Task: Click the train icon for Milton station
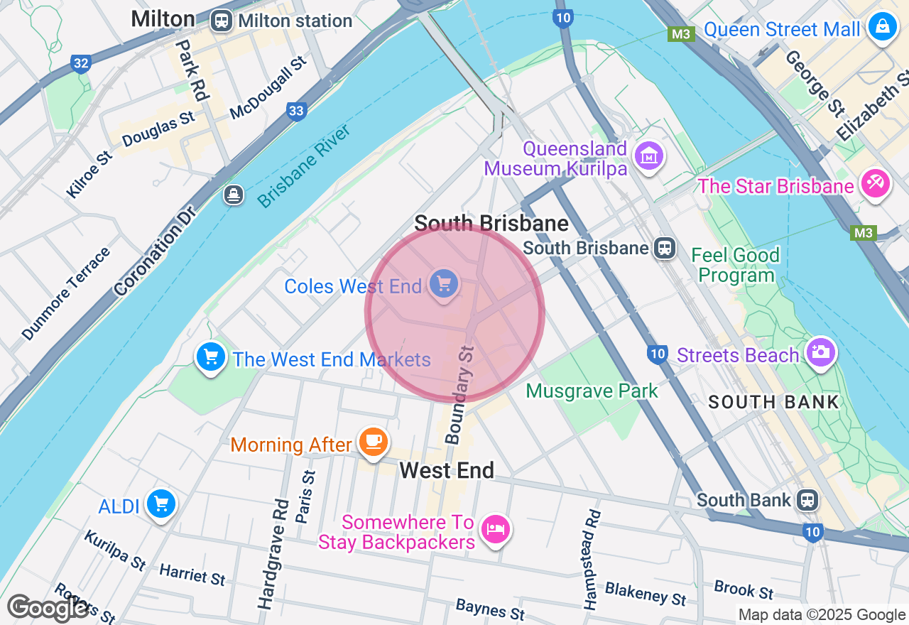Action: pyautogui.click(x=222, y=21)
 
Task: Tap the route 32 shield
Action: pyautogui.click(x=81, y=64)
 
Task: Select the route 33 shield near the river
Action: pyautogui.click(x=296, y=110)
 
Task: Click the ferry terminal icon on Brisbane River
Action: pyautogui.click(x=234, y=194)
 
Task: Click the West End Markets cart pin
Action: pyautogui.click(x=211, y=357)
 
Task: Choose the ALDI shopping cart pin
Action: pyautogui.click(x=161, y=505)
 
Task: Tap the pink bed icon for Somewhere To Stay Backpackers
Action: pyautogui.click(x=496, y=529)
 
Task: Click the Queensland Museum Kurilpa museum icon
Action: pyautogui.click(x=649, y=156)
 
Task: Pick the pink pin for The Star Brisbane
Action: pyautogui.click(x=874, y=185)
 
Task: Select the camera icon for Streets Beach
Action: pyautogui.click(x=820, y=352)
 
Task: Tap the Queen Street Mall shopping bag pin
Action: pyautogui.click(x=883, y=27)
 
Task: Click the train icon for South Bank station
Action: pyautogui.click(x=807, y=500)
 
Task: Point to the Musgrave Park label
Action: pyautogui.click(x=592, y=391)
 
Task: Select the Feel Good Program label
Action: pyautogui.click(x=735, y=265)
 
